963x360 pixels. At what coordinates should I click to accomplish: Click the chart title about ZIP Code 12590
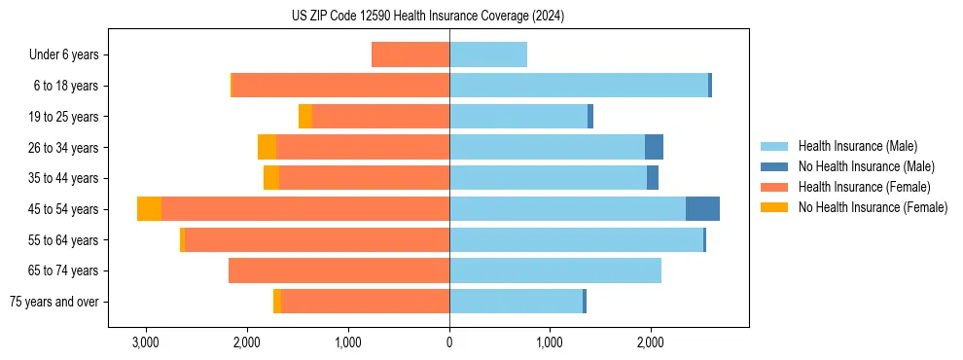pyautogui.click(x=428, y=17)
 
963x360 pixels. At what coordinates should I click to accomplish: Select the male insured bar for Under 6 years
pyautogui.click(x=488, y=54)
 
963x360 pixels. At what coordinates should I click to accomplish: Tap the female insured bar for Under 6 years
pyautogui.click(x=410, y=54)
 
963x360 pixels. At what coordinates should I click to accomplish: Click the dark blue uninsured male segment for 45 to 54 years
pyautogui.click(x=702, y=209)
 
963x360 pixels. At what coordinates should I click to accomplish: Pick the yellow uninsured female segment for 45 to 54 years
pyautogui.click(x=149, y=209)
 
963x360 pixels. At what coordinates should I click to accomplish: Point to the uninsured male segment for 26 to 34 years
pyautogui.click(x=654, y=147)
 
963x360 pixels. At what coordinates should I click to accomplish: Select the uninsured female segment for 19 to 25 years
pyautogui.click(x=305, y=117)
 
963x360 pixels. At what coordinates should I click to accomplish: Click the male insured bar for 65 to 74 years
pyautogui.click(x=555, y=270)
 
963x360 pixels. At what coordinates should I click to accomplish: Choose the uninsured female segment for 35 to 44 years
pyautogui.click(x=271, y=178)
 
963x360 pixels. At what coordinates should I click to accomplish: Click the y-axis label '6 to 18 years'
pyautogui.click(x=64, y=86)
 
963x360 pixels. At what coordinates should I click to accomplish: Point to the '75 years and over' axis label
pyautogui.click(x=54, y=302)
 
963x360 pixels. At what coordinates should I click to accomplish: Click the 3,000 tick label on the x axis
pyautogui.click(x=146, y=342)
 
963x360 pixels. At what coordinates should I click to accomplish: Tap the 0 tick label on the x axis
pyautogui.click(x=449, y=342)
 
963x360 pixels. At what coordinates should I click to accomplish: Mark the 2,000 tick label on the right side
pyautogui.click(x=651, y=342)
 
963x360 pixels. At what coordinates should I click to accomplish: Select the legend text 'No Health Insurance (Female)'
pyautogui.click(x=873, y=207)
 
